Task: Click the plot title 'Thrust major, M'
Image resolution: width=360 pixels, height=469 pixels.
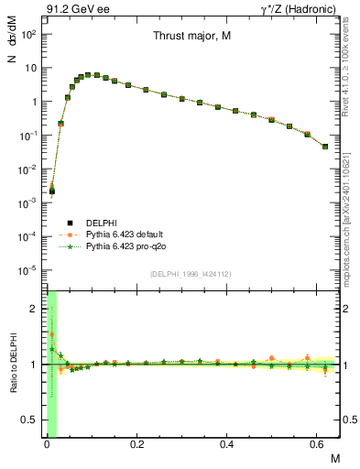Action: coord(192,38)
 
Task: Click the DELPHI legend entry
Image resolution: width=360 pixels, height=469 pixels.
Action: coord(101,222)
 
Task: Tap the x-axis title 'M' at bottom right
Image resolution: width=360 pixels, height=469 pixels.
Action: coord(334,457)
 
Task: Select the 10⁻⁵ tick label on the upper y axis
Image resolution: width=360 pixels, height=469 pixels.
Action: coord(27,270)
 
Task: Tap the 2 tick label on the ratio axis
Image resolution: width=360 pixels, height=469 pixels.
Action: coord(34,309)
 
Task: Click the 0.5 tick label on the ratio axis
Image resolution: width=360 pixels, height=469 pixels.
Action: coord(30,420)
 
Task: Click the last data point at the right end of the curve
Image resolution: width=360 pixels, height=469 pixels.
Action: coord(325,147)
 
